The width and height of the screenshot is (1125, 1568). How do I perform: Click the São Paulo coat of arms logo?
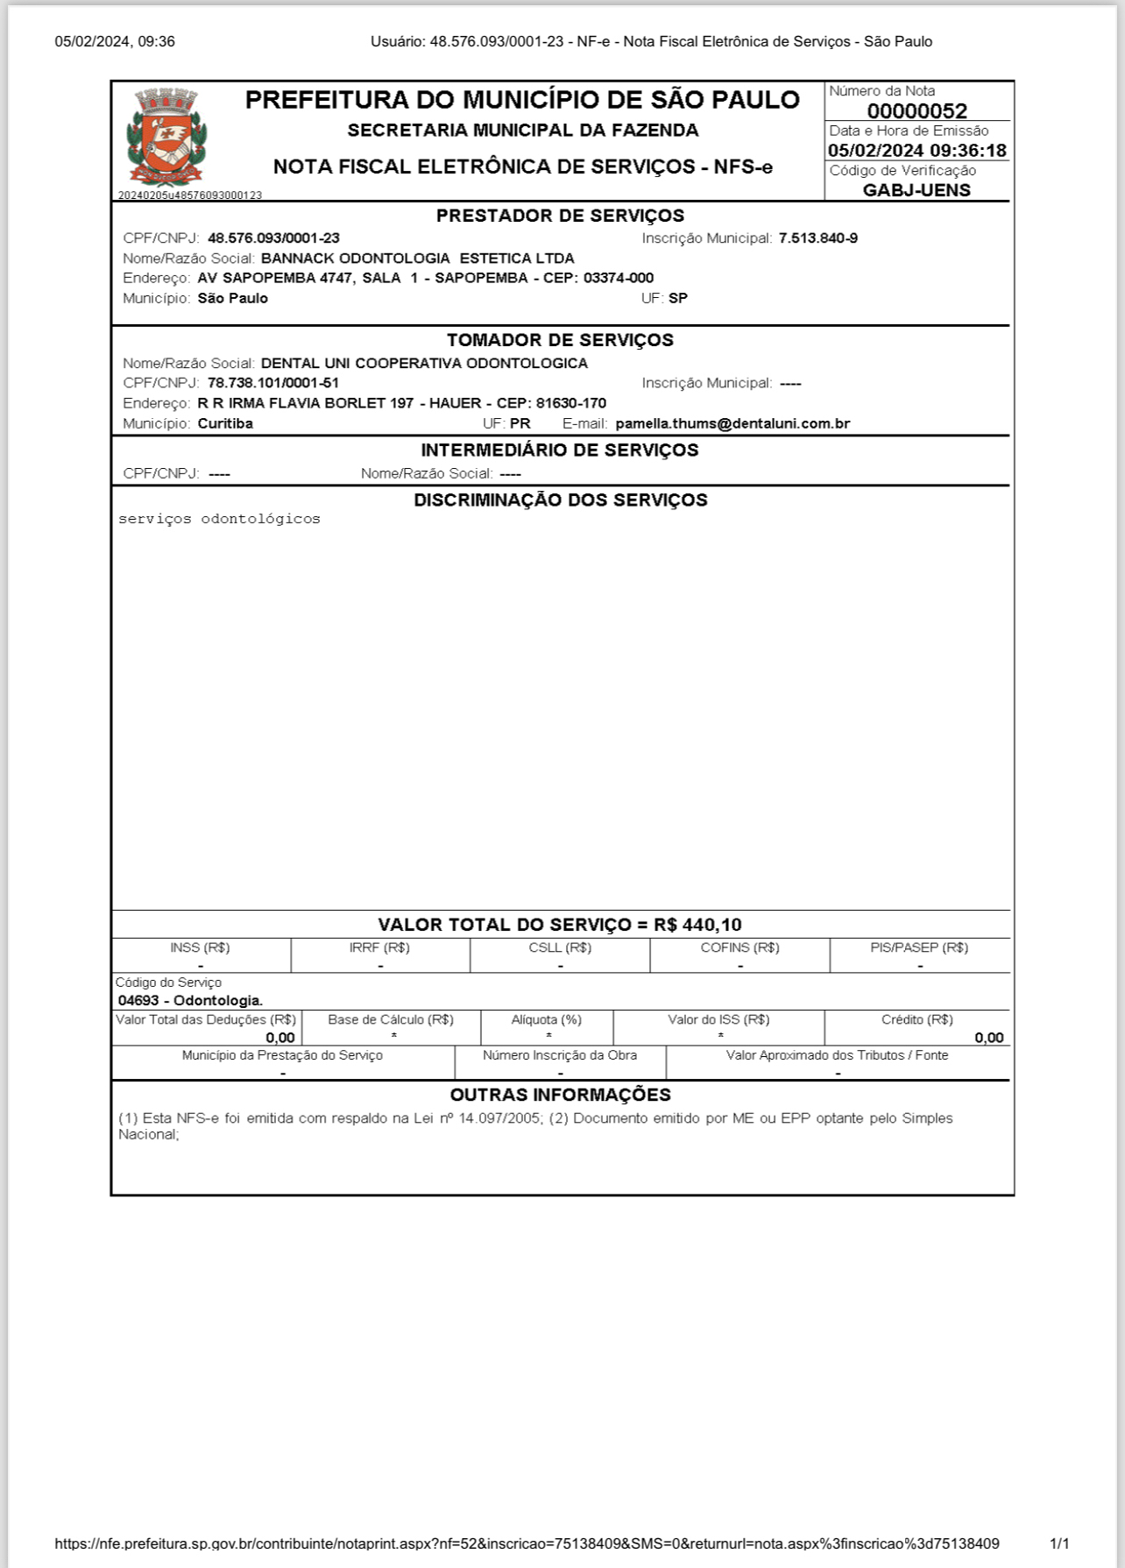pyautogui.click(x=166, y=138)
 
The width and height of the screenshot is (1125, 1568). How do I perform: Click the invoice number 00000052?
pyautogui.click(x=916, y=111)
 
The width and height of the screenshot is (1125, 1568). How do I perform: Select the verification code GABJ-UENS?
pyautogui.click(x=916, y=190)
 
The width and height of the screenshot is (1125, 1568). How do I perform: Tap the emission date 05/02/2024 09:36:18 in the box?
pyautogui.click(x=916, y=151)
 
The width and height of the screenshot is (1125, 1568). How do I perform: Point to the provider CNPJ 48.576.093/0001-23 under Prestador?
pyautogui.click(x=273, y=238)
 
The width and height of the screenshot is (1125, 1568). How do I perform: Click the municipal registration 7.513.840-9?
pyautogui.click(x=817, y=238)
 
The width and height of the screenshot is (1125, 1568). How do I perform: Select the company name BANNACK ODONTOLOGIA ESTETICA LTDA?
pyautogui.click(x=417, y=259)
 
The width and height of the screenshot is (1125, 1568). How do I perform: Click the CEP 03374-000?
pyautogui.click(x=618, y=279)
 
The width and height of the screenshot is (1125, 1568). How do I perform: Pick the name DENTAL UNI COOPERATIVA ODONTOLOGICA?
pyautogui.click(x=424, y=363)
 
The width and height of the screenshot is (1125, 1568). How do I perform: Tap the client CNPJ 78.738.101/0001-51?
pyautogui.click(x=272, y=383)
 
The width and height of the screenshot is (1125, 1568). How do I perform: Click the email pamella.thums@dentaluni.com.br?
pyautogui.click(x=732, y=423)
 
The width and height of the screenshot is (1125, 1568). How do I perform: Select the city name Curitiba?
pyautogui.click(x=225, y=423)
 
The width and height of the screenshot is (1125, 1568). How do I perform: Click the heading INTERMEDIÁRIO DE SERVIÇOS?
pyautogui.click(x=560, y=451)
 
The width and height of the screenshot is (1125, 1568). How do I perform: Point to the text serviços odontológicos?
pyautogui.click(x=219, y=519)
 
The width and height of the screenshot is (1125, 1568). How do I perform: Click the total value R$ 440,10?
pyautogui.click(x=697, y=925)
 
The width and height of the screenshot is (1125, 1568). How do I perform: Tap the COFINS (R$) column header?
pyautogui.click(x=739, y=947)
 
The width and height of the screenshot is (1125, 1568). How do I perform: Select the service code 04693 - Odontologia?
pyautogui.click(x=190, y=1000)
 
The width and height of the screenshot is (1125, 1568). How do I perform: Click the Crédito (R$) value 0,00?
pyautogui.click(x=988, y=1038)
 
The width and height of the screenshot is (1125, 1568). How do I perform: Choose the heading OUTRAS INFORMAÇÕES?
pyautogui.click(x=560, y=1095)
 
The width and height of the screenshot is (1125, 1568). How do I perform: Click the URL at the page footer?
pyautogui.click(x=527, y=1543)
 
